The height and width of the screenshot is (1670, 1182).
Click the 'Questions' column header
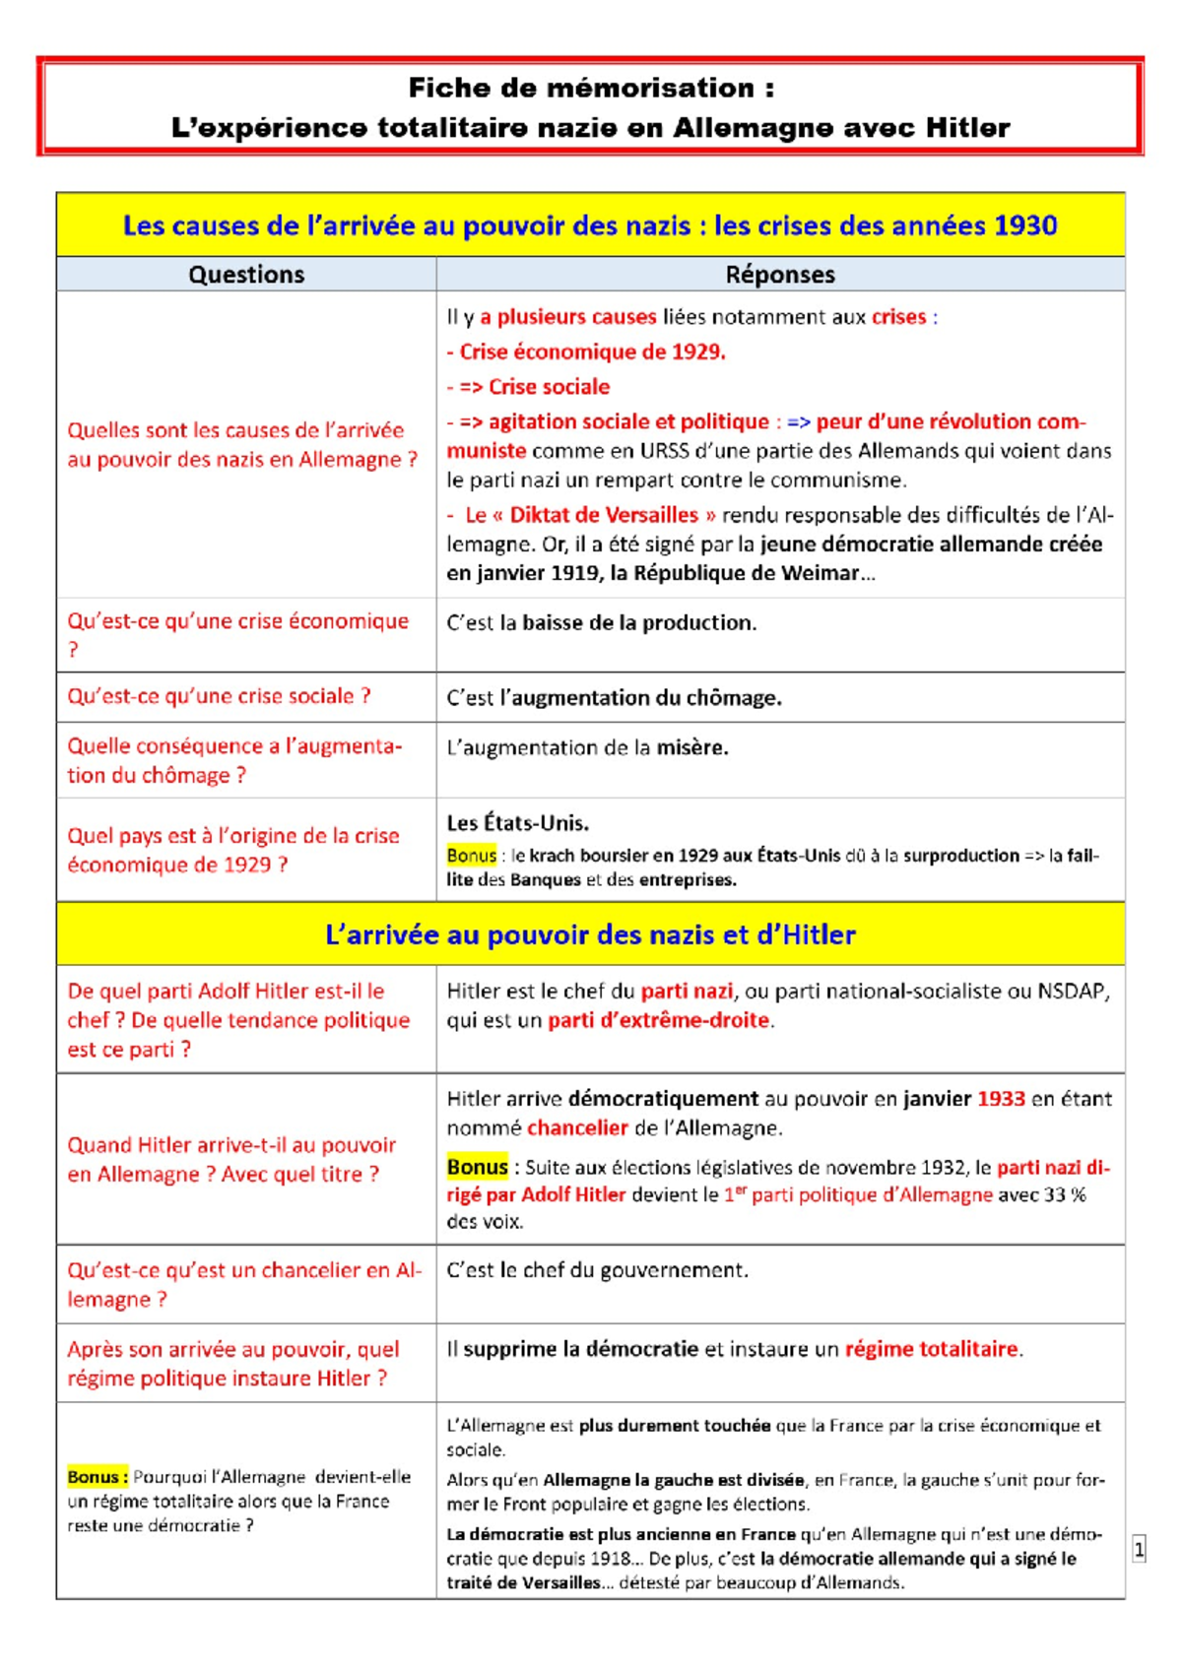[246, 275]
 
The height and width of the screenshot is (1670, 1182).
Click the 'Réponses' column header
[780, 275]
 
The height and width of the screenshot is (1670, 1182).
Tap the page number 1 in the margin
[1139, 1549]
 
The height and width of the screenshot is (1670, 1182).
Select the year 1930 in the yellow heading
[1025, 225]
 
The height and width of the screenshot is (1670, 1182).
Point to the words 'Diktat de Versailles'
[604, 515]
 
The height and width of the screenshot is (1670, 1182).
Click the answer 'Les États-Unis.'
[517, 823]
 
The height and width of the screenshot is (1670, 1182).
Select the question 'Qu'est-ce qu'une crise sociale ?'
[219, 696]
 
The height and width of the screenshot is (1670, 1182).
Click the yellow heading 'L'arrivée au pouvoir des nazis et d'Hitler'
[590, 934]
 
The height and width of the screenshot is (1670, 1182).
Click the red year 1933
[1001, 1099]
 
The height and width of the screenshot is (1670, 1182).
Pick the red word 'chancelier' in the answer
[577, 1127]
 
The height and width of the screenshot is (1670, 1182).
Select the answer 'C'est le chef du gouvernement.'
[597, 1270]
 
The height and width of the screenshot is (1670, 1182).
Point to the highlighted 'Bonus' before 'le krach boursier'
[471, 855]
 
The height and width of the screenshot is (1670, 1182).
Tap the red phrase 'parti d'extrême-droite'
[658, 1020]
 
